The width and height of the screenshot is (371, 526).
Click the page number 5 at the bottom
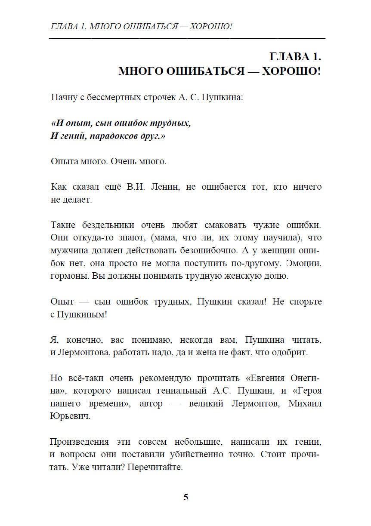click(x=185, y=497)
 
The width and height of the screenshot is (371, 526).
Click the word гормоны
click(x=69, y=276)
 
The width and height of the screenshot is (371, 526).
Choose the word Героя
click(x=308, y=391)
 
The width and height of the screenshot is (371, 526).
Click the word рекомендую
click(x=166, y=378)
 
